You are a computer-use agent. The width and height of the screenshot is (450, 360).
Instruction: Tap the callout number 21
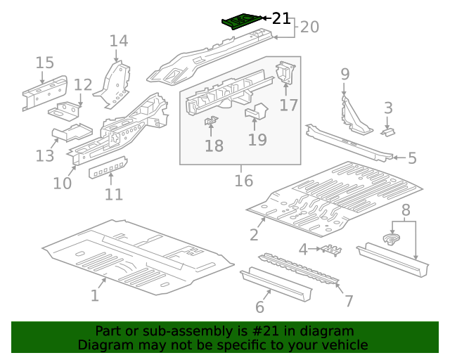[x=281, y=18]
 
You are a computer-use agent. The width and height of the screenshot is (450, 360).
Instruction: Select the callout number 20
[x=309, y=27]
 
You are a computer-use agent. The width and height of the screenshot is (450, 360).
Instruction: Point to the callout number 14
[x=118, y=41]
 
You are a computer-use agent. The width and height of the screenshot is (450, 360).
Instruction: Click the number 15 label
[x=44, y=63]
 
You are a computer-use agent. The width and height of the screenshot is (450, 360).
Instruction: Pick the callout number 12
[x=83, y=85]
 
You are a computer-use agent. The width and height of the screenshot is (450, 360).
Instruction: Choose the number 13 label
[x=45, y=156]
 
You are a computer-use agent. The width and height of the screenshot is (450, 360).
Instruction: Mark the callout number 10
[x=63, y=184]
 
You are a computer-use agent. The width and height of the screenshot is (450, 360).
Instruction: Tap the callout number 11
[x=114, y=195]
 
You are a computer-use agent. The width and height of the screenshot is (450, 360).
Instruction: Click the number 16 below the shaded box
[x=243, y=181]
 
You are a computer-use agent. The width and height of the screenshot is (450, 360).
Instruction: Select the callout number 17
[x=289, y=105]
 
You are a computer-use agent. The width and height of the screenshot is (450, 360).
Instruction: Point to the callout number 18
[x=214, y=146]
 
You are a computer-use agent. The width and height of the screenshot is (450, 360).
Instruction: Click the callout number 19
[x=257, y=140]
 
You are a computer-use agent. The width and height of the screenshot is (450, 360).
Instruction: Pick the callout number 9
[x=345, y=74]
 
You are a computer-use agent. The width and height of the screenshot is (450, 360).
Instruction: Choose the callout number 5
[x=412, y=158]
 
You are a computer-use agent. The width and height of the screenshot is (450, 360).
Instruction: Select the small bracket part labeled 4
[x=330, y=250]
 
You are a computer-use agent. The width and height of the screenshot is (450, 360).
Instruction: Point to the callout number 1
[x=94, y=296]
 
